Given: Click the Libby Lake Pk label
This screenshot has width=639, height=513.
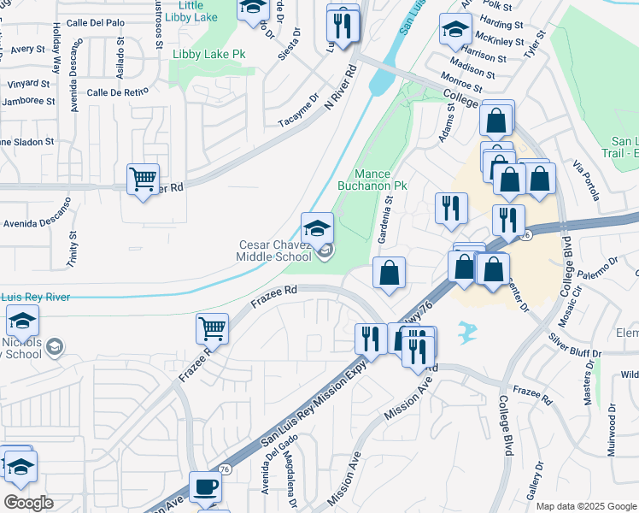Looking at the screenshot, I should (x=208, y=54).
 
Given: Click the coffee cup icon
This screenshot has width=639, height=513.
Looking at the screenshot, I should (x=205, y=487).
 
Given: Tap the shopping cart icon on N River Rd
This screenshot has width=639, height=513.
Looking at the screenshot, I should (x=143, y=180).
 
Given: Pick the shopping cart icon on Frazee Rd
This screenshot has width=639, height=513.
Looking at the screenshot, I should (x=212, y=327).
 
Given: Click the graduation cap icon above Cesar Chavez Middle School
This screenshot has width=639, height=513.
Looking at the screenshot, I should (x=317, y=227).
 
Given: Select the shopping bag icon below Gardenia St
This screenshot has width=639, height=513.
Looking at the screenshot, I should (x=389, y=274).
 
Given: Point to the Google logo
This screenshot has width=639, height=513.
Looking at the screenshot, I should (x=28, y=502).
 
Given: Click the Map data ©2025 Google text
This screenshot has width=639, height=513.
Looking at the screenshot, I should (x=585, y=506).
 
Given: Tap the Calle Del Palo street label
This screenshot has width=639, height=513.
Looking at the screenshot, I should (x=91, y=22).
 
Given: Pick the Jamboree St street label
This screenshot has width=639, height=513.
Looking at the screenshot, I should (x=26, y=101).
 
